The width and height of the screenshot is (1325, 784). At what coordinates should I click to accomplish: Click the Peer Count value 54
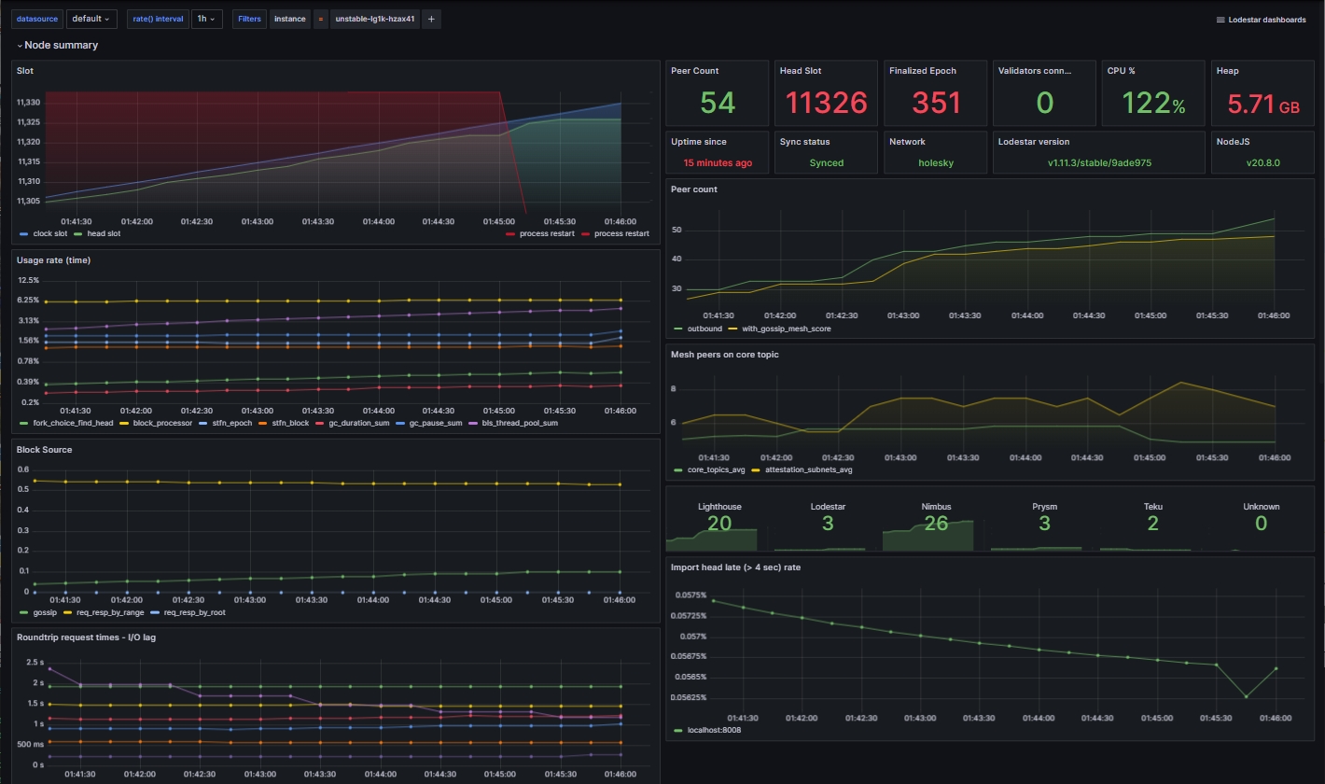[717, 103]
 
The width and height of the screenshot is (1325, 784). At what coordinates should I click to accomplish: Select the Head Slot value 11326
[826, 103]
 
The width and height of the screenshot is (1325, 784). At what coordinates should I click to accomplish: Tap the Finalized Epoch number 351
[935, 103]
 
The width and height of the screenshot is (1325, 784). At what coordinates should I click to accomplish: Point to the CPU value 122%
[1152, 103]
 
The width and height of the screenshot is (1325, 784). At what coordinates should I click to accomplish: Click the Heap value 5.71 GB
[1262, 105]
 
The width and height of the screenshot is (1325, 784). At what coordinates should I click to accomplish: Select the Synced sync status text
[826, 162]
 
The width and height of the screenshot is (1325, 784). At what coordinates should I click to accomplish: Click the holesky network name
[935, 162]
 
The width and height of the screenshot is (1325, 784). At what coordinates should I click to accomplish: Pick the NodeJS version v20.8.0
[1262, 162]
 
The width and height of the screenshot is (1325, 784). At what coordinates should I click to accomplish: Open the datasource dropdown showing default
[91, 19]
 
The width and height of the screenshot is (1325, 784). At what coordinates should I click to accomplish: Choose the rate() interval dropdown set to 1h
[204, 19]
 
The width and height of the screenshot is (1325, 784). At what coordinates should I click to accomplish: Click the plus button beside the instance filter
[431, 19]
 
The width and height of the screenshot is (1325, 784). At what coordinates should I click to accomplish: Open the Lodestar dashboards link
[1261, 20]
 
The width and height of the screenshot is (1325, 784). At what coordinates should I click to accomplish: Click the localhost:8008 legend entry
[713, 730]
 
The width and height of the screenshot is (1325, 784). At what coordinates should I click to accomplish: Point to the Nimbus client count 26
[935, 524]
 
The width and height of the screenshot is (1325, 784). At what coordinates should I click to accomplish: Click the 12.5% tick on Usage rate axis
[28, 280]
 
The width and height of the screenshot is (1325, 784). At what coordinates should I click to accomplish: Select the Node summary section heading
[61, 45]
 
